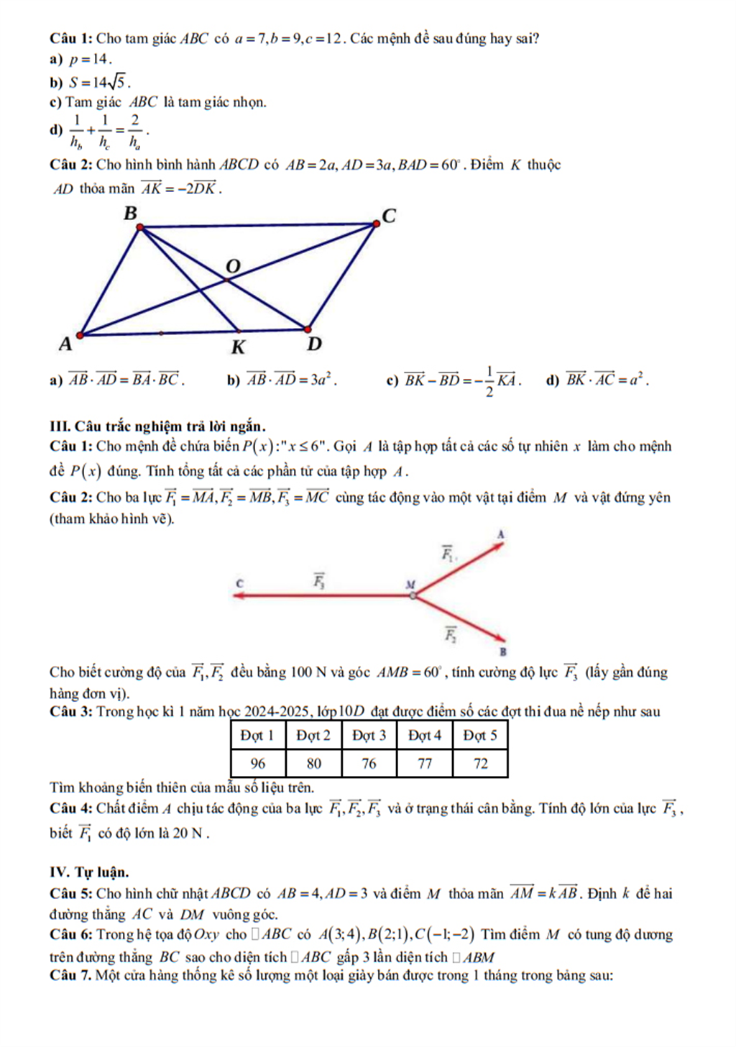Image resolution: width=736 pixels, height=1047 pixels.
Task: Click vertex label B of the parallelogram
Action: [130, 213]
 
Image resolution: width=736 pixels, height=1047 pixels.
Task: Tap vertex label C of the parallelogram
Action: [389, 216]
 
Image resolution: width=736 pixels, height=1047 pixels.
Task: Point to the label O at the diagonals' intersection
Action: [232, 267]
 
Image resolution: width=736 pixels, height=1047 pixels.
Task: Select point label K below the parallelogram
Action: [238, 347]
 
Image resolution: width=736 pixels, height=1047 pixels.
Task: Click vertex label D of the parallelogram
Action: [314, 344]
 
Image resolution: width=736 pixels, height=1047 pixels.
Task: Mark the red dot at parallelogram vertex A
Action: [80, 334]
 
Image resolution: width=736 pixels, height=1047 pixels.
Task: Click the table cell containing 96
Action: [258, 763]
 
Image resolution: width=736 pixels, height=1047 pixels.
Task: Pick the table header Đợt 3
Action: [369, 735]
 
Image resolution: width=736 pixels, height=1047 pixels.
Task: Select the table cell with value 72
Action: [480, 763]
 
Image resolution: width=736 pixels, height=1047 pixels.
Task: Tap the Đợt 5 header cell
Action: [480, 735]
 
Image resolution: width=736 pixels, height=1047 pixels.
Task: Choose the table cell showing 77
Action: [425, 763]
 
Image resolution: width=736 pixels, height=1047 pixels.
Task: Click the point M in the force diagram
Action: [412, 595]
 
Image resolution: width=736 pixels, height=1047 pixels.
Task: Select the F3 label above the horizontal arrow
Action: [319, 579]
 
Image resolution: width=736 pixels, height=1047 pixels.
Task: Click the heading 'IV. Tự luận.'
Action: [89, 872]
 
